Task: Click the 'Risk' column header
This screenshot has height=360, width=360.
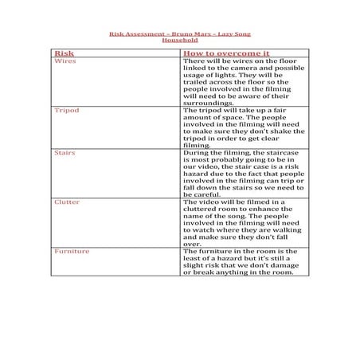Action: (x=64, y=53)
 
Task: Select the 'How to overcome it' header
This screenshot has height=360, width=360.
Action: (x=227, y=53)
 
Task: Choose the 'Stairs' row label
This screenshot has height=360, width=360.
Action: (x=65, y=151)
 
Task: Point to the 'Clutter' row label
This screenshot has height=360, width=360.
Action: (x=66, y=202)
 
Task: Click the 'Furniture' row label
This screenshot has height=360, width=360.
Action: (x=71, y=251)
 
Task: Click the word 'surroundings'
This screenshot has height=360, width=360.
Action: (x=208, y=103)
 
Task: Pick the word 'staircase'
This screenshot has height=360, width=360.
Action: (x=275, y=152)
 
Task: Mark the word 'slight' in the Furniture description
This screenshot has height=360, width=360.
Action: (x=197, y=265)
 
